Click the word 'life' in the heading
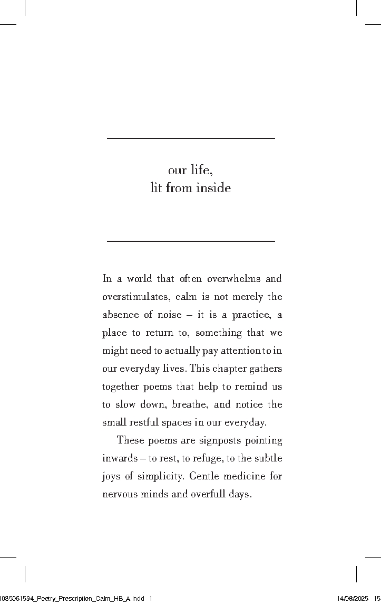point(202,170)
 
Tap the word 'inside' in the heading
point(213,188)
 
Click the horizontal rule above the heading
point(191,138)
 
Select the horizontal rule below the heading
point(191,241)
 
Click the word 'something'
point(219,333)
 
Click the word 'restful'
point(143,422)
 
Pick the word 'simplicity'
point(160,476)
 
